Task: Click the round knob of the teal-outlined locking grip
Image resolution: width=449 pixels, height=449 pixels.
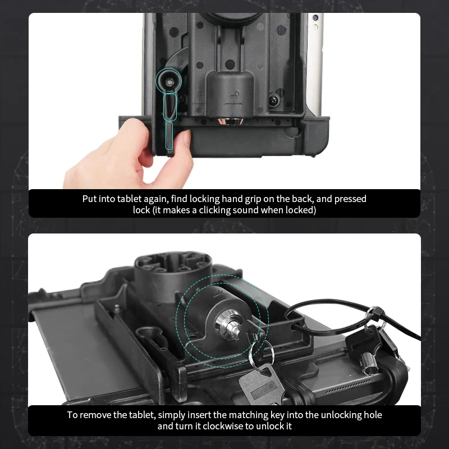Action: coord(169,82)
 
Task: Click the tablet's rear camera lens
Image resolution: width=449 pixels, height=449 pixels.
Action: coord(315,27)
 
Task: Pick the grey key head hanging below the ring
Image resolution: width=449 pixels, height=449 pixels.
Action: coord(255,386)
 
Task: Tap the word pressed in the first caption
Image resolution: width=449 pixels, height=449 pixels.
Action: coord(352,199)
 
